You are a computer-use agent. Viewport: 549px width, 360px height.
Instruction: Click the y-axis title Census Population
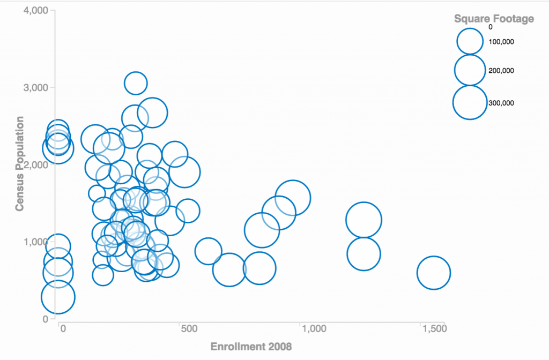click(20, 163)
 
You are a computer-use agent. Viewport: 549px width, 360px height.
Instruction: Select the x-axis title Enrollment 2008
click(251, 347)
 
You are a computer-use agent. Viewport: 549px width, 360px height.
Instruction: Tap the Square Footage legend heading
click(494, 19)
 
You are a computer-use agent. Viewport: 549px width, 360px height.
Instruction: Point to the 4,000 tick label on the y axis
click(36, 11)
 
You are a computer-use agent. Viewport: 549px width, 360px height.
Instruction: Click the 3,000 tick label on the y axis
click(36, 87)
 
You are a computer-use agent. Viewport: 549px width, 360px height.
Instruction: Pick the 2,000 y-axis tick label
click(36, 164)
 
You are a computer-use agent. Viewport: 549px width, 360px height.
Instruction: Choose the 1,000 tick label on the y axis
click(36, 242)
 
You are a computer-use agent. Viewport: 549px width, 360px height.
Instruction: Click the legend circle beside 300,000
click(470, 102)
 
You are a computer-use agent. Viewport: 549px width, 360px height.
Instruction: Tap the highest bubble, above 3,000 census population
click(136, 83)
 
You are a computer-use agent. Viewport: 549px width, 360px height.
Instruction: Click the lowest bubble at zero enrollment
click(57, 297)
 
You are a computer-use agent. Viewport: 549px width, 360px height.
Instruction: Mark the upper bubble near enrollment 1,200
click(363, 220)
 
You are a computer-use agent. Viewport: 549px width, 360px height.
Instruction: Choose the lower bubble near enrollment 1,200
click(363, 254)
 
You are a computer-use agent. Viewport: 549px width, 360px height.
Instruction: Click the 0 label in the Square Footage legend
click(491, 27)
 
